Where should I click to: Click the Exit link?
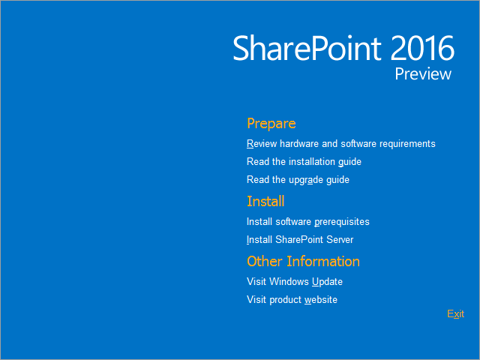pyautogui.click(x=455, y=313)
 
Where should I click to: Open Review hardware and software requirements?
pyautogui.click(x=341, y=143)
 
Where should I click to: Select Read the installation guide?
pyautogui.click(x=304, y=162)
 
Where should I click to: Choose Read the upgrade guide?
pyautogui.click(x=298, y=180)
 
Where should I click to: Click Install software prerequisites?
pyautogui.click(x=308, y=222)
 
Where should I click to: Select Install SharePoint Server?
pyautogui.click(x=300, y=239)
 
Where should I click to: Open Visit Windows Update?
pyautogui.click(x=295, y=282)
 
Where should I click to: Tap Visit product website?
pyautogui.click(x=292, y=300)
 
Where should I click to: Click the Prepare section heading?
pyautogui.click(x=271, y=124)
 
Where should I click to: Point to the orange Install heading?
pyautogui.click(x=265, y=202)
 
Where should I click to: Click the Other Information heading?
pyautogui.click(x=303, y=262)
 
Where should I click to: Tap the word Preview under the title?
pyautogui.click(x=423, y=74)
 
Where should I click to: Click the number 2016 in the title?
pyautogui.click(x=422, y=48)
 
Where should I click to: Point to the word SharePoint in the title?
pyautogui.click(x=307, y=48)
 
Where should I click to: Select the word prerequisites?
pyautogui.click(x=342, y=222)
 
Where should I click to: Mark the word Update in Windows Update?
pyautogui.click(x=327, y=282)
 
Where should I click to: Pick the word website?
pyautogui.click(x=321, y=300)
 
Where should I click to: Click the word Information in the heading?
pyautogui.click(x=323, y=262)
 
